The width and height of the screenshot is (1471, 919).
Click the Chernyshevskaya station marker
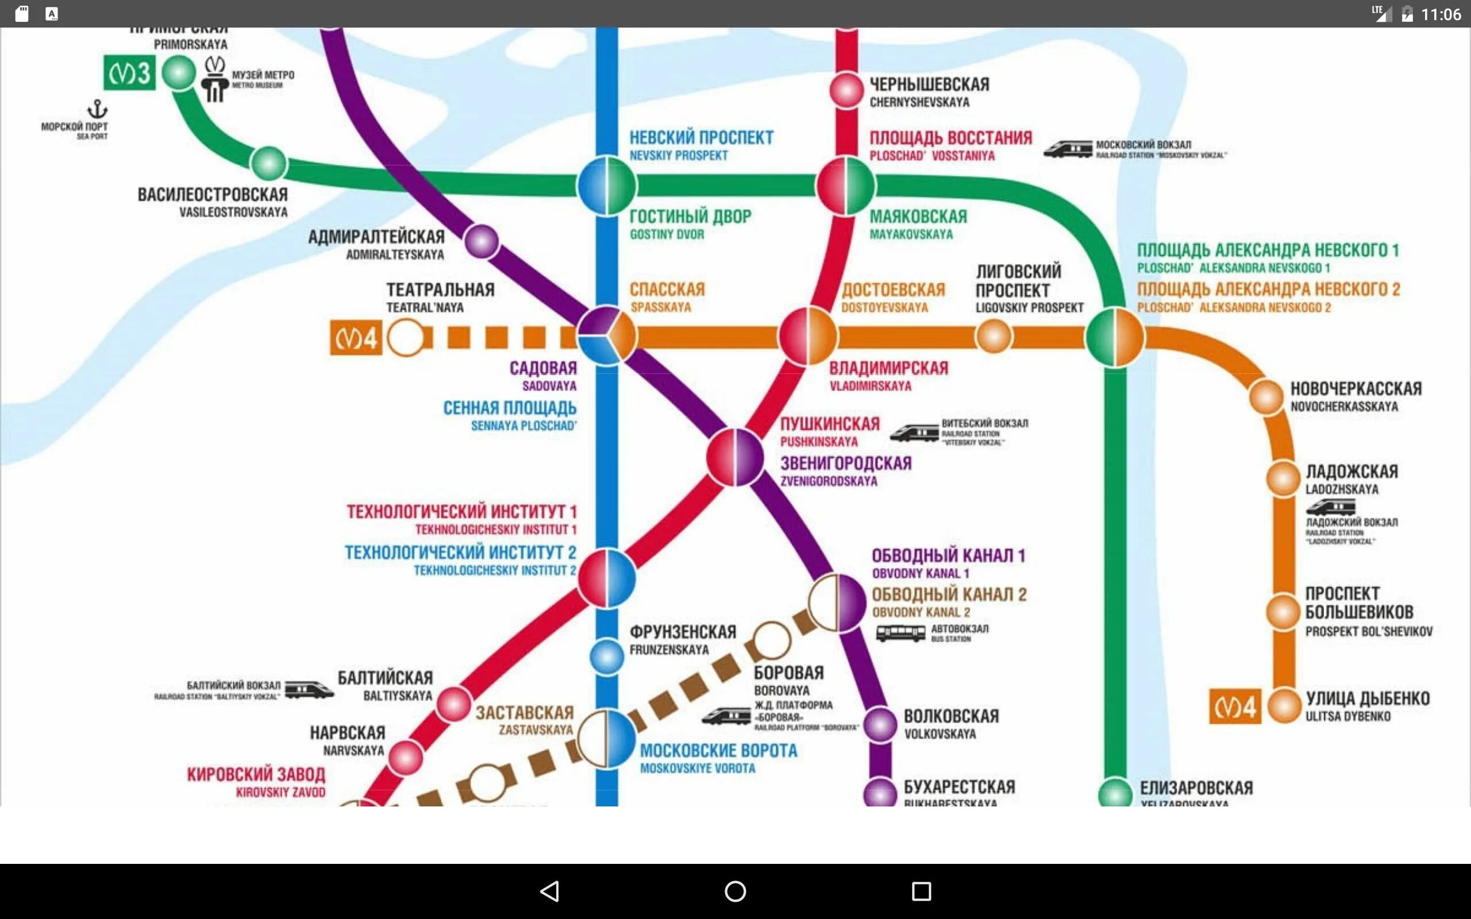[846, 90]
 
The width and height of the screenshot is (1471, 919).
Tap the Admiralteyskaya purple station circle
[482, 241]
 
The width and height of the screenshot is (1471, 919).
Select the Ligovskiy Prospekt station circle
[994, 336]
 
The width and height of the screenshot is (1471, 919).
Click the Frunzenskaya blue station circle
[607, 657]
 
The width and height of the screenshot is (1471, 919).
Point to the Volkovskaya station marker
[880, 724]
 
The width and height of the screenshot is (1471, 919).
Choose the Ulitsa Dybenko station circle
[1284, 706]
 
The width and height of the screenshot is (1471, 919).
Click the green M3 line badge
[129, 73]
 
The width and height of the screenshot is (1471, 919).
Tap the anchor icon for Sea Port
[97, 109]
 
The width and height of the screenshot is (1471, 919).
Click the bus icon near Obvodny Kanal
[900, 634]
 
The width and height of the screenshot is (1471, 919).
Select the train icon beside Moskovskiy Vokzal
[1068, 149]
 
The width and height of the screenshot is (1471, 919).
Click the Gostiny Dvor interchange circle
[607, 186]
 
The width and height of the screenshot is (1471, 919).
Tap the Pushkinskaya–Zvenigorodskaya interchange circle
[735, 458]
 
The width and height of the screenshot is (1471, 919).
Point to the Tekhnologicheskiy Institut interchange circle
[607, 578]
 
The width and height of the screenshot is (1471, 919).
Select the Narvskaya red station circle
[406, 758]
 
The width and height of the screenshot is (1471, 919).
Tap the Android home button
[735, 891]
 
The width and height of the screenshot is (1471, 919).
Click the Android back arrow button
[549, 891]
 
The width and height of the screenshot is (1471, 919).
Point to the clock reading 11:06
[1441, 14]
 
